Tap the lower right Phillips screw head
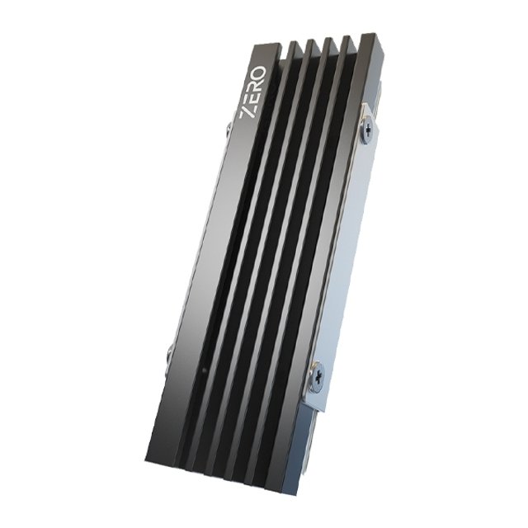pyautogui.click(x=317, y=373)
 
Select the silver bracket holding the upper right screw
pyautogui.click(x=370, y=140)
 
